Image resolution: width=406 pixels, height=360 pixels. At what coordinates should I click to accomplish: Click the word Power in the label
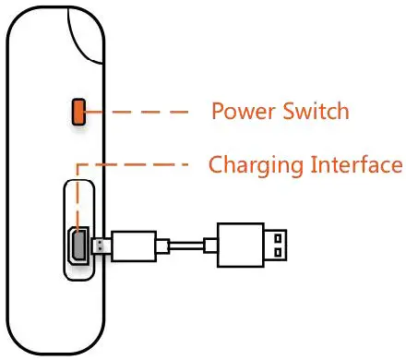tap(243, 112)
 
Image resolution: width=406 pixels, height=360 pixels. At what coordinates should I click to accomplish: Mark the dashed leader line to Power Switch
tap(138, 113)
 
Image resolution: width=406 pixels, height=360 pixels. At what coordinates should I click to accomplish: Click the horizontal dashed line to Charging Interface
tap(138, 166)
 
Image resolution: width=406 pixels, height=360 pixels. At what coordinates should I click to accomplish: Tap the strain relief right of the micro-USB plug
tap(163, 245)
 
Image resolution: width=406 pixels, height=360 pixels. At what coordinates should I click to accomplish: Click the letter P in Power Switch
tap(218, 112)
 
